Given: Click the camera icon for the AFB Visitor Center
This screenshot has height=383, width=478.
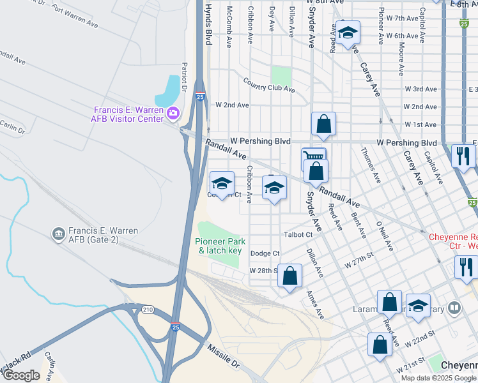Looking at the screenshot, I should point(172,114).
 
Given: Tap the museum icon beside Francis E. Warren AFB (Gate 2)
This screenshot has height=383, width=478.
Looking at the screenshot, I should point(58,234).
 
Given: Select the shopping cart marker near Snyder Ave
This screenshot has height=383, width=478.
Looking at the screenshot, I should point(312,157).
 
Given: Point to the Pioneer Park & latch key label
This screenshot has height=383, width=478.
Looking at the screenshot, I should point(219,246).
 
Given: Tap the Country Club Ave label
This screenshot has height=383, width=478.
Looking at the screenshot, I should point(269,85).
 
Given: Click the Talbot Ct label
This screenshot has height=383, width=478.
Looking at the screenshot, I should point(298,234).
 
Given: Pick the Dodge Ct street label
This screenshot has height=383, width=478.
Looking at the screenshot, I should point(265,253).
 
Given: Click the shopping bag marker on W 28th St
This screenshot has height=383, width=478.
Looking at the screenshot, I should point(290,276).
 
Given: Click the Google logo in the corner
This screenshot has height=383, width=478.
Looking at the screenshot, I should point(22,375).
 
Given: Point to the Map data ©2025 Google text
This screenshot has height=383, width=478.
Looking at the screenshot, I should point(438,377).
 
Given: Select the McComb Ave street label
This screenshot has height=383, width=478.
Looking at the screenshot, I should point(229,27).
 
